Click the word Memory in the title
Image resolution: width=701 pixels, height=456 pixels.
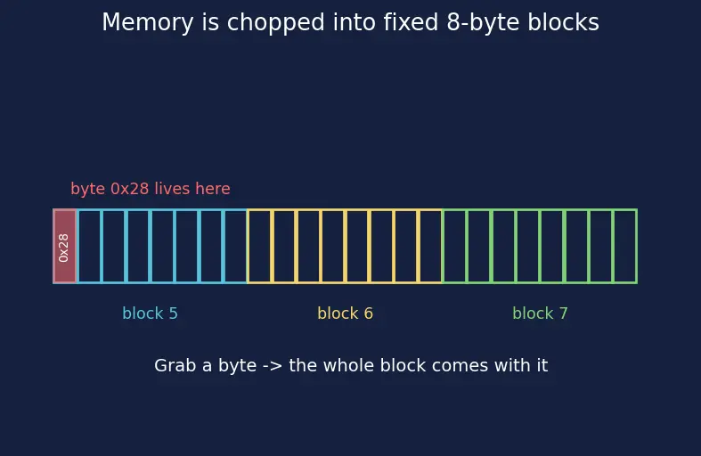coord(148,22)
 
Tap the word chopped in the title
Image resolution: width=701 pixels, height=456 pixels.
coord(275,23)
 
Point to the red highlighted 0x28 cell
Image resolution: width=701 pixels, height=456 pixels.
coord(65,246)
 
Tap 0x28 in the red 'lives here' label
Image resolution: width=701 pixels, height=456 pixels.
coord(130,189)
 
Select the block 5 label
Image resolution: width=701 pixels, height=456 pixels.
coord(151,313)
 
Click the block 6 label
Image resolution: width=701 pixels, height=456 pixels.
coord(345,313)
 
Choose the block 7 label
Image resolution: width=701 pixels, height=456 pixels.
coord(540,313)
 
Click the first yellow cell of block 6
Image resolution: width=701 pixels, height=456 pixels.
coord(260,246)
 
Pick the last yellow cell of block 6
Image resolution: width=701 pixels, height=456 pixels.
coord(430,246)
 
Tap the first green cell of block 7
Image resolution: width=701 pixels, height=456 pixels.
coord(454,246)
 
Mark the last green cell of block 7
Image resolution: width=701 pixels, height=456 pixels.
coord(625,246)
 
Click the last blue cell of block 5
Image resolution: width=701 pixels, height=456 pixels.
coord(235,246)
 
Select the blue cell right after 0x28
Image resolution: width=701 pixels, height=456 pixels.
coord(89,246)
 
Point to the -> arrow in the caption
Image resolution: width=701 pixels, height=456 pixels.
coord(273,366)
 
